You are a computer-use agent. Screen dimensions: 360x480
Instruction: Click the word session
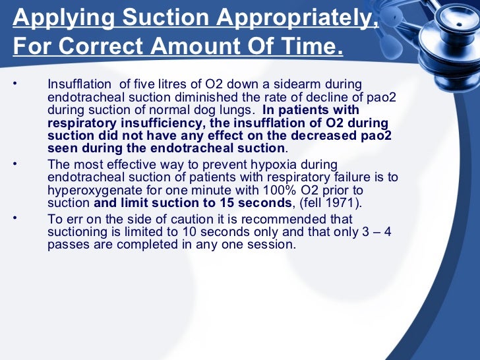click(270, 245)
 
